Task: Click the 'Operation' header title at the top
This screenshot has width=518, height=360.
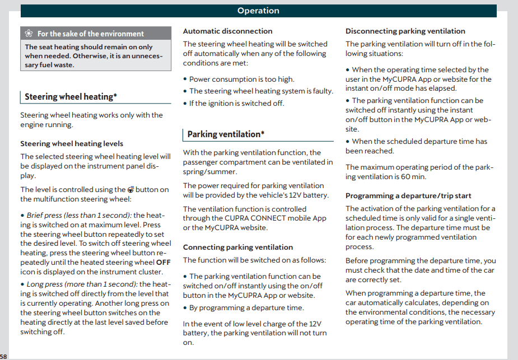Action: (x=258, y=11)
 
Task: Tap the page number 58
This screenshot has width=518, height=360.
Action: (x=4, y=357)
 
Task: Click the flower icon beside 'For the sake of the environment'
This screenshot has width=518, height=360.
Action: (x=30, y=34)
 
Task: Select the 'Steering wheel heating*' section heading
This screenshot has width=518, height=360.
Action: (x=71, y=97)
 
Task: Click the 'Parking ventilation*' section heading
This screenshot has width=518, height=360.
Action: (x=225, y=134)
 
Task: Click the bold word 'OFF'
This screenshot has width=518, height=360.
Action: (x=164, y=262)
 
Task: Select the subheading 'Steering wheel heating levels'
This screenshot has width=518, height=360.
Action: (x=72, y=144)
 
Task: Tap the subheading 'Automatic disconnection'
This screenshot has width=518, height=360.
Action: (x=227, y=31)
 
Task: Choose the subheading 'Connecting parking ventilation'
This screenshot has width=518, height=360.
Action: (x=238, y=247)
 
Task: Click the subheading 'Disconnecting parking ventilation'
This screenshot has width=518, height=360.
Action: (x=405, y=31)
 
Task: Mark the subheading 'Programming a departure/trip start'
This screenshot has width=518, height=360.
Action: (x=408, y=196)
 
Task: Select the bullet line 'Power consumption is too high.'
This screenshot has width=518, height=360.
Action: (x=241, y=80)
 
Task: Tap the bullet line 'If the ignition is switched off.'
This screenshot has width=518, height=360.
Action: (x=236, y=103)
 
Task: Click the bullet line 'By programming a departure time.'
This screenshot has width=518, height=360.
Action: (x=246, y=308)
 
